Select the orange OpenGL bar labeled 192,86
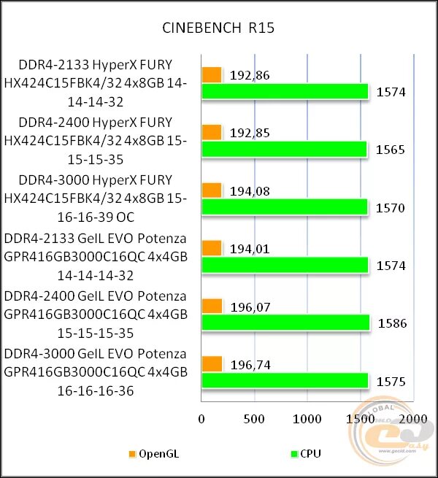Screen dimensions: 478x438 click(211, 74)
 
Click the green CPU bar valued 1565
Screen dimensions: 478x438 click(284, 149)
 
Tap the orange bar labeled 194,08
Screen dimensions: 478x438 click(211, 190)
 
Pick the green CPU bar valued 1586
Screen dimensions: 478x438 click(285, 323)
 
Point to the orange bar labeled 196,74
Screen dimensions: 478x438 click(212, 363)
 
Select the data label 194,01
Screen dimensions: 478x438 click(250, 249)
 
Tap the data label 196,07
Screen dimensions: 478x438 click(250, 307)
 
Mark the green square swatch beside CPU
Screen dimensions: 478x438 click(294, 454)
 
